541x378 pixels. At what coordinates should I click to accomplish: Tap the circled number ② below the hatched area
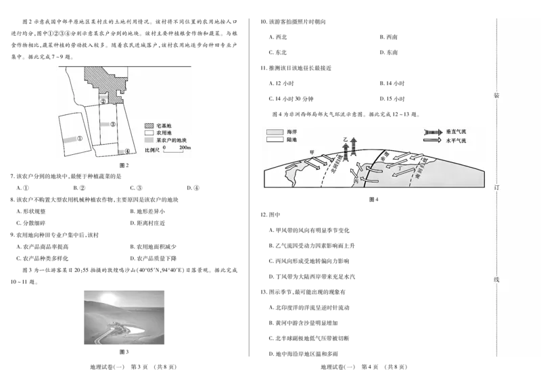(x=103, y=101)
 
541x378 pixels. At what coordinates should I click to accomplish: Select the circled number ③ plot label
(x=113, y=125)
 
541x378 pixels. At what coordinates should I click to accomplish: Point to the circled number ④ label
(x=126, y=152)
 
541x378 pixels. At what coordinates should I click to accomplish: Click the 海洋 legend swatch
(x=275, y=131)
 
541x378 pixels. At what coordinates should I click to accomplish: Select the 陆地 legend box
(x=275, y=140)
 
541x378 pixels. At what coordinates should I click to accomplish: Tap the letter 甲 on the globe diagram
(x=311, y=152)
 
